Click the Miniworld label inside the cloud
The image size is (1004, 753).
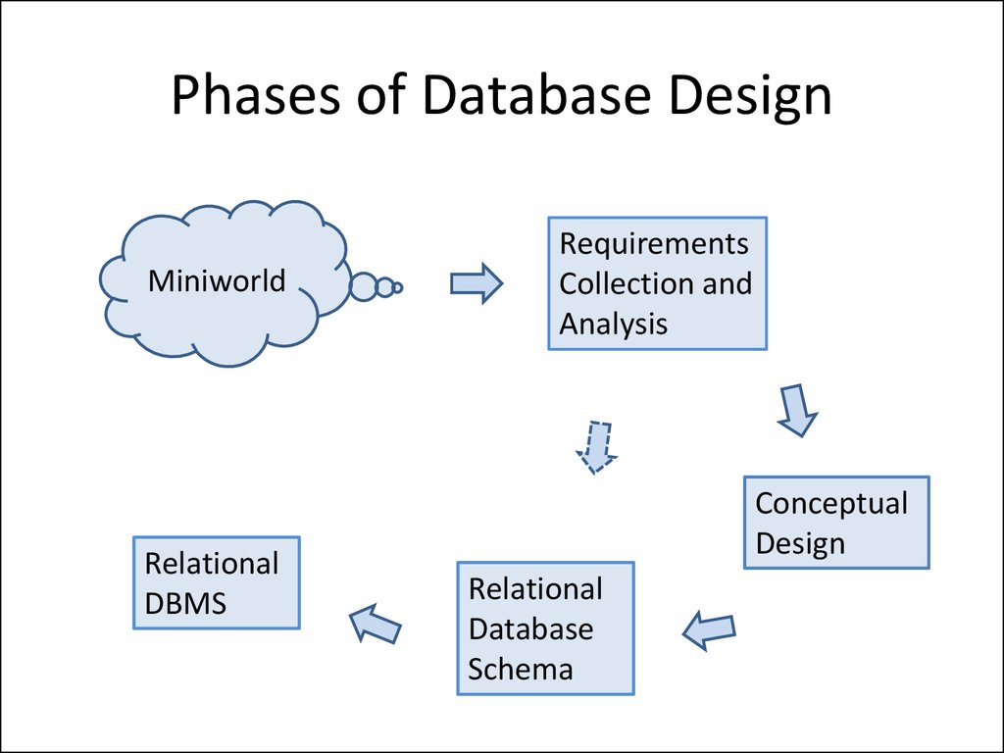coord(217,281)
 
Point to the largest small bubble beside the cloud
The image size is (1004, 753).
coord(364,286)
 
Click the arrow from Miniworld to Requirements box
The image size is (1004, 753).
coord(476,284)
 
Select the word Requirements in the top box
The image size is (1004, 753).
coord(654,243)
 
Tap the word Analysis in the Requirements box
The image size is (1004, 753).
coord(614,324)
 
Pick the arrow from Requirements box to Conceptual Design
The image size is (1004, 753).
coord(796,409)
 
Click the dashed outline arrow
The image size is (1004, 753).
coord(595,447)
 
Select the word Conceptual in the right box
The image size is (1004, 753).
coord(831,504)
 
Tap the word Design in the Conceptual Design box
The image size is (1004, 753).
coord(800,543)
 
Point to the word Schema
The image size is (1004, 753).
coord(521,669)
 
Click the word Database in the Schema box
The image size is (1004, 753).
coord(530,628)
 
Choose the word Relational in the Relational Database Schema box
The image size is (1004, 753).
coord(535,589)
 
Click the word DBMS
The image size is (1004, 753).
coord(185,604)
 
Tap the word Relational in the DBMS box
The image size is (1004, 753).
coord(212,564)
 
